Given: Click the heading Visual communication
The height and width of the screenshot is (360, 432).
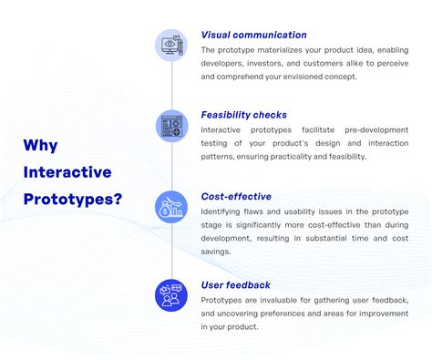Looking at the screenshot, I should tap(253, 36).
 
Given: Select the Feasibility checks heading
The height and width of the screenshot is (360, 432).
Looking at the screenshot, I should tap(243, 116).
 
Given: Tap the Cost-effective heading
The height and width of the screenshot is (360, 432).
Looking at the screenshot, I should tap(236, 196).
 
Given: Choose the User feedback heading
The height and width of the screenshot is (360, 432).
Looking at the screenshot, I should tap(235, 285).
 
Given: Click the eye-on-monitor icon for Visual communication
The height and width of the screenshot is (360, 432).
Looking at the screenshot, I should tap(171, 45).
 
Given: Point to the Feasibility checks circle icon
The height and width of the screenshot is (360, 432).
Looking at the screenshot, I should tap(171, 125).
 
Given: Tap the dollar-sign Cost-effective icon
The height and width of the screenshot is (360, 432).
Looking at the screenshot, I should tap(171, 206).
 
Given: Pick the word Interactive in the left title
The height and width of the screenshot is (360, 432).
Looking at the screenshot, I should tap(67, 172).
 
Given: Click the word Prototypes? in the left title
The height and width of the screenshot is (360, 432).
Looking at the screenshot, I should tap(73, 198).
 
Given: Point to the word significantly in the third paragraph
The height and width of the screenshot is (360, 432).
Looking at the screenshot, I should tap(260, 224).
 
